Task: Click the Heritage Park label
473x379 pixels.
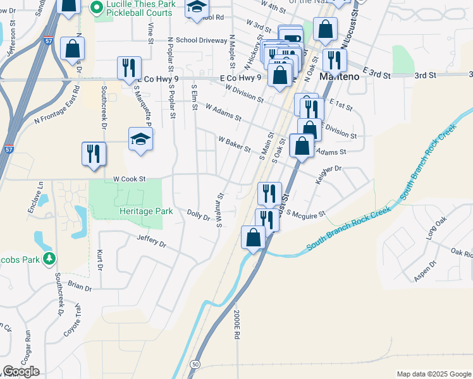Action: coord(146,211)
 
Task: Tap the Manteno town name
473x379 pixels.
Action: coord(340,76)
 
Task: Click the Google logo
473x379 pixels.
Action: coord(21,371)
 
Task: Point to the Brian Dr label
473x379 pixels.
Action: coord(80,286)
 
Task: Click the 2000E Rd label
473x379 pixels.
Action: coord(235,325)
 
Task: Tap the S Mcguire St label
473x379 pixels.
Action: coord(305,214)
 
